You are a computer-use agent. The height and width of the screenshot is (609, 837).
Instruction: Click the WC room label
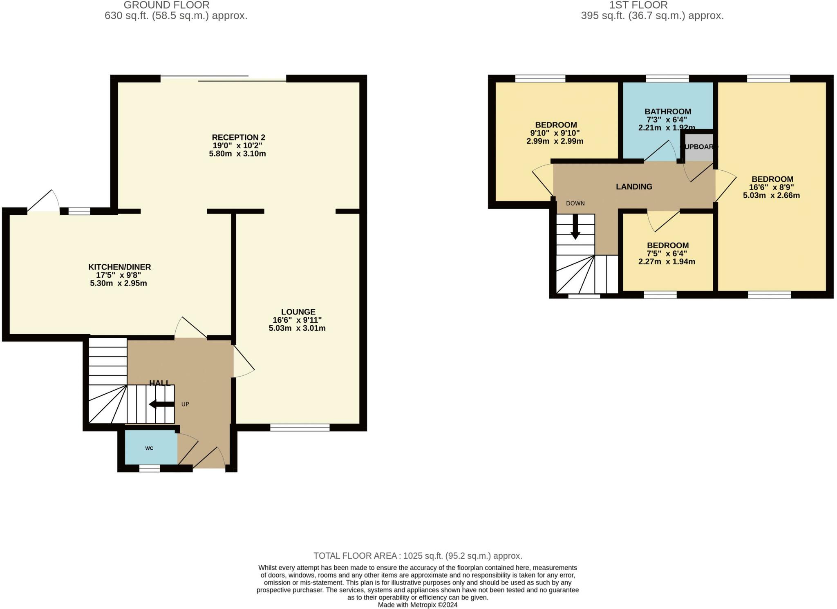(x=149, y=448)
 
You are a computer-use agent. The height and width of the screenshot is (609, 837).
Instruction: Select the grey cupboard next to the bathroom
(x=699, y=147)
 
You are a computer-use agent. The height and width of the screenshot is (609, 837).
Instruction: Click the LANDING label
(x=634, y=187)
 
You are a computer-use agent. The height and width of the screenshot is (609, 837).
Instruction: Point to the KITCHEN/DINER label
(x=120, y=267)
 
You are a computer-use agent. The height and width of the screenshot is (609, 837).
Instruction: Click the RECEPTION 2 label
(x=238, y=137)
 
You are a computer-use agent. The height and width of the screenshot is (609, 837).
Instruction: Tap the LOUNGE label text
(x=298, y=312)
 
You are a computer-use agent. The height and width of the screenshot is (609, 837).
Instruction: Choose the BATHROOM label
(x=668, y=112)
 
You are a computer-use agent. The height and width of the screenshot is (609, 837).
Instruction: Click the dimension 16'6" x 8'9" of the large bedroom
(x=771, y=187)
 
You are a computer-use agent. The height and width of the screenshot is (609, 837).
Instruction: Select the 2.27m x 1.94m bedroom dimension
(x=667, y=262)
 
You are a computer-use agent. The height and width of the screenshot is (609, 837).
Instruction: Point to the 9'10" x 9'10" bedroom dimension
(x=555, y=133)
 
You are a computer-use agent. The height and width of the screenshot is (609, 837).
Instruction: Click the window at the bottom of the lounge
(x=300, y=427)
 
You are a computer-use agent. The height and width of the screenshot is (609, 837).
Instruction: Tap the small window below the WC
(x=150, y=468)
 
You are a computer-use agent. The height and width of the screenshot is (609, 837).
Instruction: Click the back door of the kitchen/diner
(x=43, y=202)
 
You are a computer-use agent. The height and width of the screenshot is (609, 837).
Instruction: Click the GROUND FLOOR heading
(x=166, y=5)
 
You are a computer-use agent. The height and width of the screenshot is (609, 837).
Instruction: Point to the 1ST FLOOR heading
(x=638, y=5)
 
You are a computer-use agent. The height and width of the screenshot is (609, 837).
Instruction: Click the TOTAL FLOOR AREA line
(x=418, y=555)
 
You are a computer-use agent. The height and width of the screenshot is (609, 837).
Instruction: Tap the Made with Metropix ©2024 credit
(x=417, y=605)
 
